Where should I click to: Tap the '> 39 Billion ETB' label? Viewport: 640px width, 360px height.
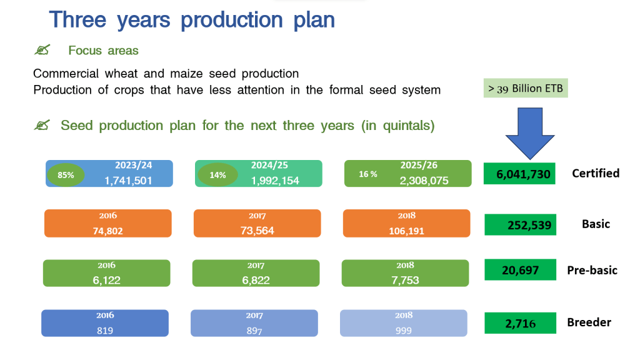[x=526, y=88]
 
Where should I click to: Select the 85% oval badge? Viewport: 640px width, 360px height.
[x=66, y=175]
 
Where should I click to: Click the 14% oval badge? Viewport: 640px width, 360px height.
[x=217, y=175]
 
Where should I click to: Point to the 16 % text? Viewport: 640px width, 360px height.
[x=367, y=174]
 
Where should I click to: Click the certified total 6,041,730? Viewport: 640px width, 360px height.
[x=523, y=175]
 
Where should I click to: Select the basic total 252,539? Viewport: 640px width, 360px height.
[x=529, y=225]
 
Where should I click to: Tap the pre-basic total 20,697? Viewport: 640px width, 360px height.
[x=521, y=270]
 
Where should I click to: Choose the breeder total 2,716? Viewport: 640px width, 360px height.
[x=521, y=324]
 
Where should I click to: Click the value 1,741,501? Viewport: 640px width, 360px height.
[x=128, y=181]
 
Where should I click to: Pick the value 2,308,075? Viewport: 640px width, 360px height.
[x=424, y=181]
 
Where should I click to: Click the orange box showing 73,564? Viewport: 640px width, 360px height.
[x=257, y=223]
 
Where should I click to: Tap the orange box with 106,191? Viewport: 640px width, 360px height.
[x=406, y=223]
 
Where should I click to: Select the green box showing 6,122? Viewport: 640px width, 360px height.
[x=106, y=273]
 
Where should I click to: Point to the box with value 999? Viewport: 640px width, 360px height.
[x=404, y=323]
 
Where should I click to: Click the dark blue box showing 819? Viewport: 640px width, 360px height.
[x=105, y=323]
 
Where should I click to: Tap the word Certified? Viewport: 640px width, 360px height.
[x=596, y=174]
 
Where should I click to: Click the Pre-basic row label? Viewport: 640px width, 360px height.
[x=592, y=270]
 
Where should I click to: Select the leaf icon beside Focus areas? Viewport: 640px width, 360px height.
[x=42, y=50]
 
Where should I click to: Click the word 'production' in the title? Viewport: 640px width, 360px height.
[x=231, y=21]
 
